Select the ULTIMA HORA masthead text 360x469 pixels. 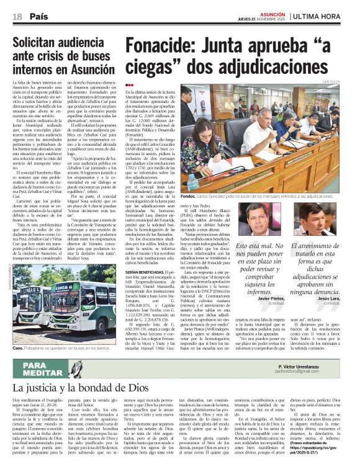(x=325, y=16)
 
